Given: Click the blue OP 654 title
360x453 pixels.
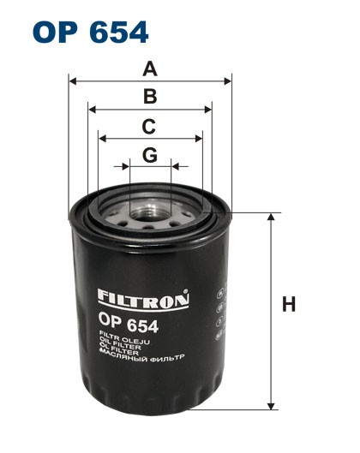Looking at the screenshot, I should coord(91,32).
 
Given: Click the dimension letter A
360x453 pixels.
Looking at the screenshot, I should coord(151,69).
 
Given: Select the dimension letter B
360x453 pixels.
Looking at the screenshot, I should coord(150,97).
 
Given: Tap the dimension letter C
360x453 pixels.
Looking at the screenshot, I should coord(149,126).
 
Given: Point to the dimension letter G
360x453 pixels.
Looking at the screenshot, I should coord(150,154).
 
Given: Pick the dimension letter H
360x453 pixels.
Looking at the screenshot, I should coord(290,304).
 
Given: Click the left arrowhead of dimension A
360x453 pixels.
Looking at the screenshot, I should coord(72,82).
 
